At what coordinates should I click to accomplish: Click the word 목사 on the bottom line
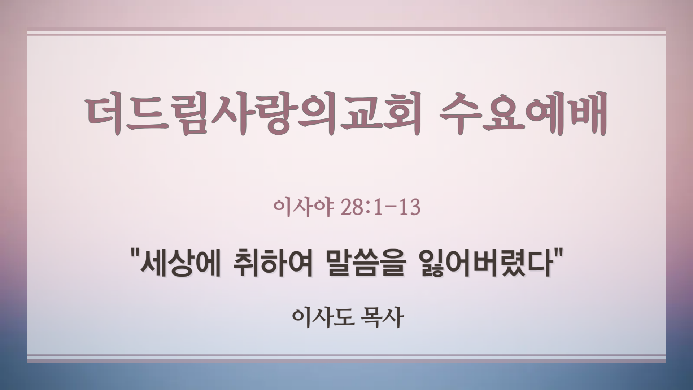(382, 318)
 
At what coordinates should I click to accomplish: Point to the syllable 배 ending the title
(588, 113)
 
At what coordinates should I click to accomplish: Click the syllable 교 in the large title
(356, 113)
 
